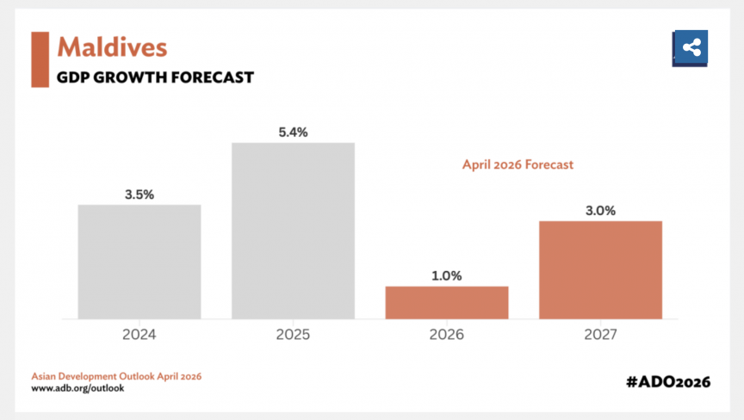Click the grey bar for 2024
pyautogui.click(x=139, y=262)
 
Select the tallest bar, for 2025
pyautogui.click(x=293, y=231)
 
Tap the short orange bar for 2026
pyautogui.click(x=446, y=302)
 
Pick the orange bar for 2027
pyautogui.click(x=600, y=269)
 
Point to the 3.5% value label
pyautogui.click(x=139, y=195)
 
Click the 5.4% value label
pyautogui.click(x=293, y=132)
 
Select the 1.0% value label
pyautogui.click(x=446, y=276)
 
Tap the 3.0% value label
pyautogui.click(x=600, y=211)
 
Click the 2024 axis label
pyautogui.click(x=139, y=333)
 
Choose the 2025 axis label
pyautogui.click(x=293, y=333)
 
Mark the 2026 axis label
pyautogui.click(x=446, y=333)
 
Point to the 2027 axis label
pyautogui.click(x=600, y=333)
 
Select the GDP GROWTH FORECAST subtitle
pyautogui.click(x=155, y=77)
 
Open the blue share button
pyautogui.click(x=690, y=48)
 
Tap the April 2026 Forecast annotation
pyautogui.click(x=518, y=163)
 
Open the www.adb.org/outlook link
pyautogui.click(x=78, y=389)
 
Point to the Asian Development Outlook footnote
pyautogui.click(x=116, y=377)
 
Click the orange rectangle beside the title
pyautogui.click(x=40, y=59)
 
